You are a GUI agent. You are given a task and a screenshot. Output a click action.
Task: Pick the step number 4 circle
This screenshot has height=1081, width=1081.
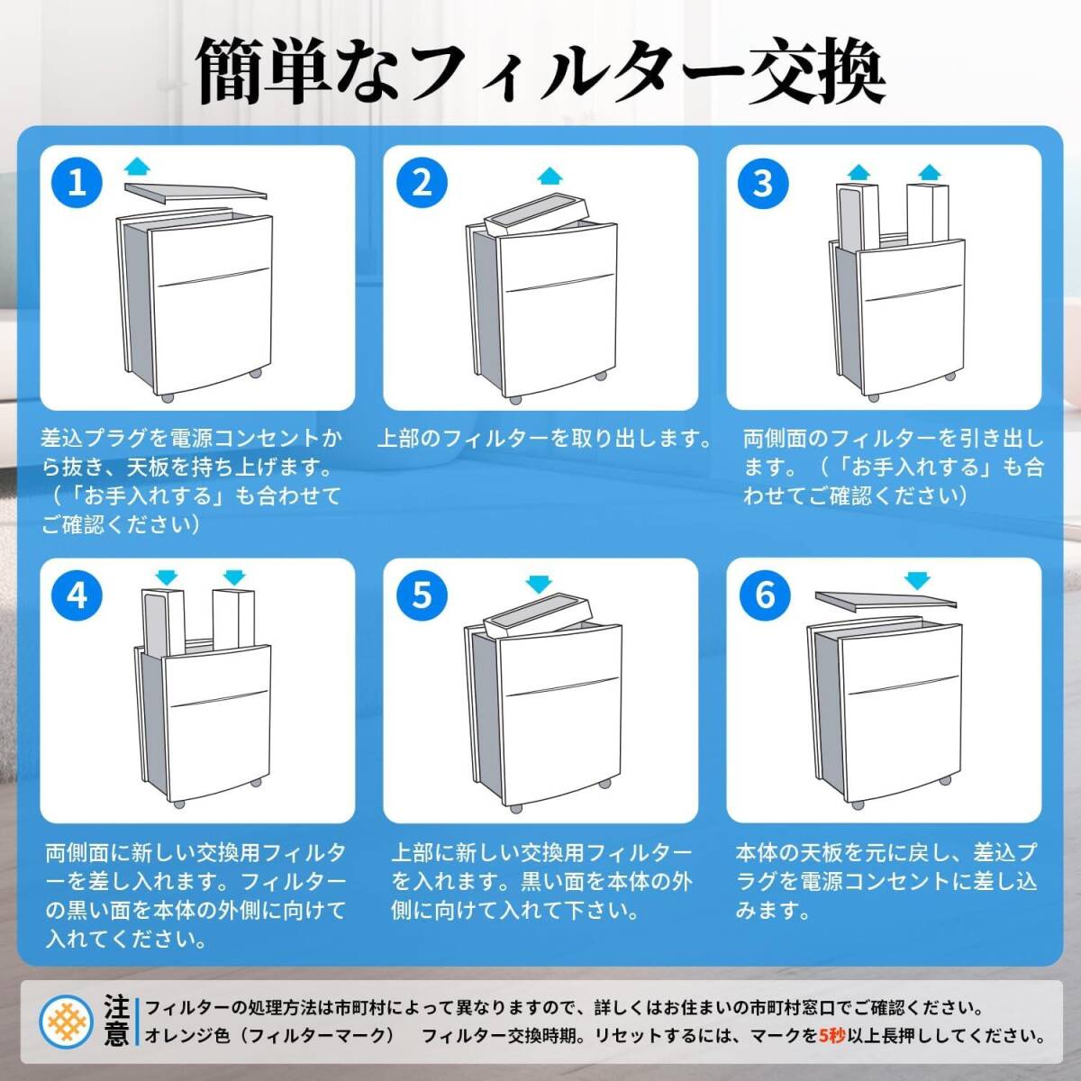[77, 595]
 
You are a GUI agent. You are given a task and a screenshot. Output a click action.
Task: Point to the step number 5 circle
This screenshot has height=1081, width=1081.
[422, 595]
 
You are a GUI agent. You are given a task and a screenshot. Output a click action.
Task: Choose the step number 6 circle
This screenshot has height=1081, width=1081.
[765, 595]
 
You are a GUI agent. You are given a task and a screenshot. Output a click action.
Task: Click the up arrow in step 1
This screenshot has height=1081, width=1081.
[137, 167]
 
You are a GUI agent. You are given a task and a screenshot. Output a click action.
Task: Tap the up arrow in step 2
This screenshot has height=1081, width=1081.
[550, 176]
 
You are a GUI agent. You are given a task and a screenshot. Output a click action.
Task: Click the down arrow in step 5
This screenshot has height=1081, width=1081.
[539, 584]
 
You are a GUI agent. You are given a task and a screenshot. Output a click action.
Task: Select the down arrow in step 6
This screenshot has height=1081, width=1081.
[918, 581]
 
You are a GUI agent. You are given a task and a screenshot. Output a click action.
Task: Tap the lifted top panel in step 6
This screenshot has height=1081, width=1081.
[886, 600]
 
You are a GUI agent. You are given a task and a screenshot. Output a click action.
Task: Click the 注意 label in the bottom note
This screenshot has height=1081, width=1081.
[117, 1020]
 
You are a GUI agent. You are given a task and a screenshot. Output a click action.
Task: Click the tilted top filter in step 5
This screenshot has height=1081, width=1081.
[538, 616]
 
